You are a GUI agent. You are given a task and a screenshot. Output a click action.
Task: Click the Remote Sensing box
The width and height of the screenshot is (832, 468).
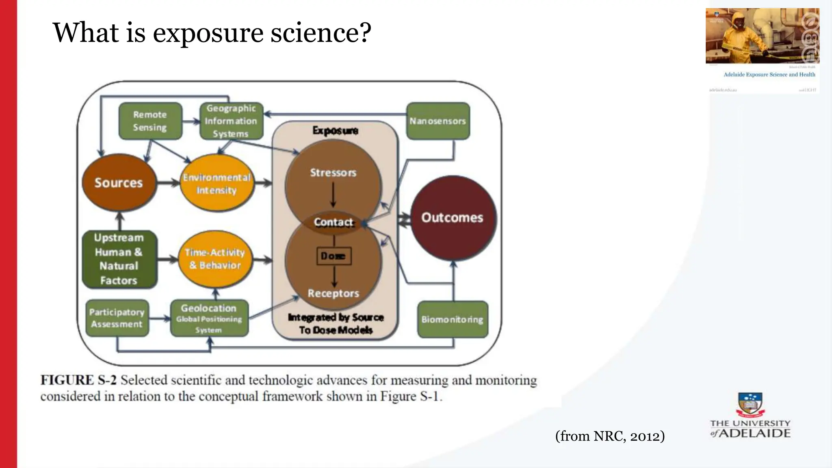click(x=150, y=121)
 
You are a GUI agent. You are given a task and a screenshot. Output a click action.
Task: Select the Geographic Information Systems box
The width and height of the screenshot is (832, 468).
click(x=231, y=121)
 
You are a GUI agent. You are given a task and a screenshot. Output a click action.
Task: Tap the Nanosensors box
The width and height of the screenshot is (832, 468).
click(x=438, y=121)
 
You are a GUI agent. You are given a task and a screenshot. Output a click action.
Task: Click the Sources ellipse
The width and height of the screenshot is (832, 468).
click(x=119, y=183)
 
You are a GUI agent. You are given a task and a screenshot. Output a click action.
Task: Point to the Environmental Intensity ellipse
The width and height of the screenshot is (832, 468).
click(x=217, y=184)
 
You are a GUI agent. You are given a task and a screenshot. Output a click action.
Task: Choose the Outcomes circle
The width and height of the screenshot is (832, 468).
click(x=453, y=218)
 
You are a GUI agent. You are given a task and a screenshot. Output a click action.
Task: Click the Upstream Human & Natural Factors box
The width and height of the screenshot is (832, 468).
click(x=119, y=259)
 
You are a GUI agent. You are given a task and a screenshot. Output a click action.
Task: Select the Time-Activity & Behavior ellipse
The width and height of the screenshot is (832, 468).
click(x=215, y=259)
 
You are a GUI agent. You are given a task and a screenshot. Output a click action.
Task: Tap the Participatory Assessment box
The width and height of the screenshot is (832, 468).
click(x=117, y=318)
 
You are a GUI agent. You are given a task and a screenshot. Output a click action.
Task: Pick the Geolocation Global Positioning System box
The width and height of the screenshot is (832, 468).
click(x=209, y=318)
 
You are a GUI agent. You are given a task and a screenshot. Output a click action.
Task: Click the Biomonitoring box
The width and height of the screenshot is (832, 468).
click(x=452, y=319)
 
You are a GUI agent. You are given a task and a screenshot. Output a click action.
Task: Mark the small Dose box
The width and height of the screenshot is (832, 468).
click(x=334, y=256)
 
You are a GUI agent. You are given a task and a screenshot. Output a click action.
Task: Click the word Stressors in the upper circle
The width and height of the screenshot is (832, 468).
click(x=333, y=173)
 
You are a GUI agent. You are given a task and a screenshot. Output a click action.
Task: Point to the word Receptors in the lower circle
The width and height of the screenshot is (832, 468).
click(x=333, y=293)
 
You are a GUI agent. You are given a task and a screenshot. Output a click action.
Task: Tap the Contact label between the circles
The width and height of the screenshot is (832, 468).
click(x=334, y=222)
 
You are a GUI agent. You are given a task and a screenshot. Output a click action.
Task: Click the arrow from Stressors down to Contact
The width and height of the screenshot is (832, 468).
click(x=333, y=195)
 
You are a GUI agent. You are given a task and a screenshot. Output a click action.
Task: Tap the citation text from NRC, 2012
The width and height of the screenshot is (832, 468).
click(x=610, y=436)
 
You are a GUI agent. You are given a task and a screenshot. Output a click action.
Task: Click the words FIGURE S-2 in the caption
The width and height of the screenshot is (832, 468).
click(x=78, y=380)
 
